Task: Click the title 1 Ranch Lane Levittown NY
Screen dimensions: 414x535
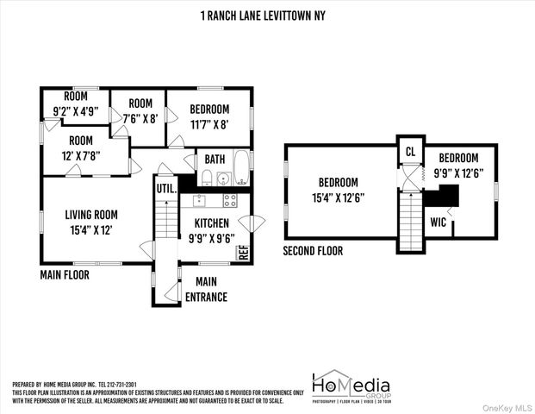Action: point(267,16)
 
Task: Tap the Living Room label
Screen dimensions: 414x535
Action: point(91,222)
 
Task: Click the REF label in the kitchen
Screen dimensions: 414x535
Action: point(243,252)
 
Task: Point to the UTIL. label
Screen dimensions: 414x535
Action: point(165,188)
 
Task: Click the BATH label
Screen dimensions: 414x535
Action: point(215,160)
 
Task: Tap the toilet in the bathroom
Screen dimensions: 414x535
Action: point(207,178)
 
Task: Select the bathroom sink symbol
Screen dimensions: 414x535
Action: point(224,179)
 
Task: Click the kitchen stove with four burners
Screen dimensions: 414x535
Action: point(230,200)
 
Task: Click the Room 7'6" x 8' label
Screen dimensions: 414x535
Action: point(140,110)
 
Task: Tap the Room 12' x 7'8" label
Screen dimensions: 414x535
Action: point(80,147)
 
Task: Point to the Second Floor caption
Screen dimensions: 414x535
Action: point(313,251)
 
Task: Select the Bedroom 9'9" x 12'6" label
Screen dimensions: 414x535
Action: point(457,165)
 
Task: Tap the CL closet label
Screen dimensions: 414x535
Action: point(410,152)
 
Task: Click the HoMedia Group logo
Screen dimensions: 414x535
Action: point(350,386)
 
